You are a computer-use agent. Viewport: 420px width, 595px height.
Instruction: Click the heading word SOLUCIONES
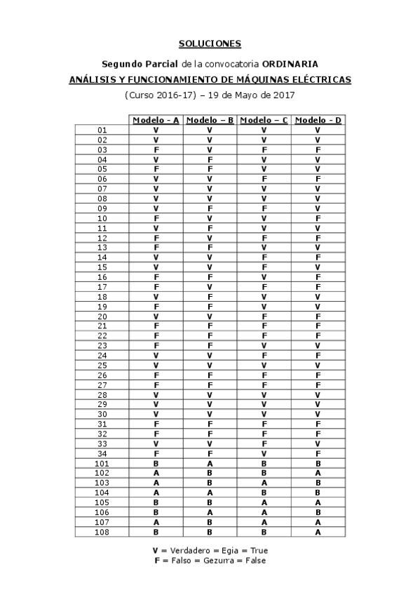tap(210, 44)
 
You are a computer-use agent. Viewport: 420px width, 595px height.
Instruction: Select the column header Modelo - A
tap(156, 120)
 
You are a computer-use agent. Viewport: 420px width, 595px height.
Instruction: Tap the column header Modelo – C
tap(264, 120)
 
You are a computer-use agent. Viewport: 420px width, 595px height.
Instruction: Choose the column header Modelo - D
tap(318, 120)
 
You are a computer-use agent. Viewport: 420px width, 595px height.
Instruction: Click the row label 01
tap(102, 130)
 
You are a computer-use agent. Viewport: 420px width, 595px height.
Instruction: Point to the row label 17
tap(102, 286)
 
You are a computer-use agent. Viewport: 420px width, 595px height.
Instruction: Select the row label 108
tap(102, 532)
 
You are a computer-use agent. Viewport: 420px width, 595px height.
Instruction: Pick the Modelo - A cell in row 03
tap(156, 149)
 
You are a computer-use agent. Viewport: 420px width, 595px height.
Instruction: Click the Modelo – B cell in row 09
tap(210, 208)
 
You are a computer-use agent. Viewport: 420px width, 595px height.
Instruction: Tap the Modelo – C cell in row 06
tap(264, 179)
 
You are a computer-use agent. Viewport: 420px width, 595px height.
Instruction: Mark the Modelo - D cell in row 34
tap(318, 453)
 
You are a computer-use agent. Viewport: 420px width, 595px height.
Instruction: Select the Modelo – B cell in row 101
tap(210, 463)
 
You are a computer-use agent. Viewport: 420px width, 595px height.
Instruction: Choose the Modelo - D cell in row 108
tap(318, 532)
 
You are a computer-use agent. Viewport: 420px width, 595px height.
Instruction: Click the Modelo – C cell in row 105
tap(264, 502)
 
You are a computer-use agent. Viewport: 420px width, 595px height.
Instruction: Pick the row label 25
tap(102, 365)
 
